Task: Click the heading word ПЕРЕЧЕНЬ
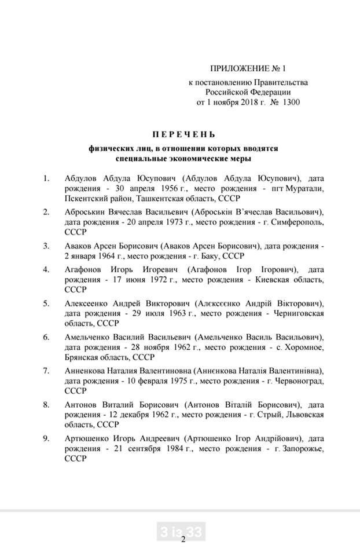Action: click(180, 134)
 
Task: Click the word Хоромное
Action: click(301, 348)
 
